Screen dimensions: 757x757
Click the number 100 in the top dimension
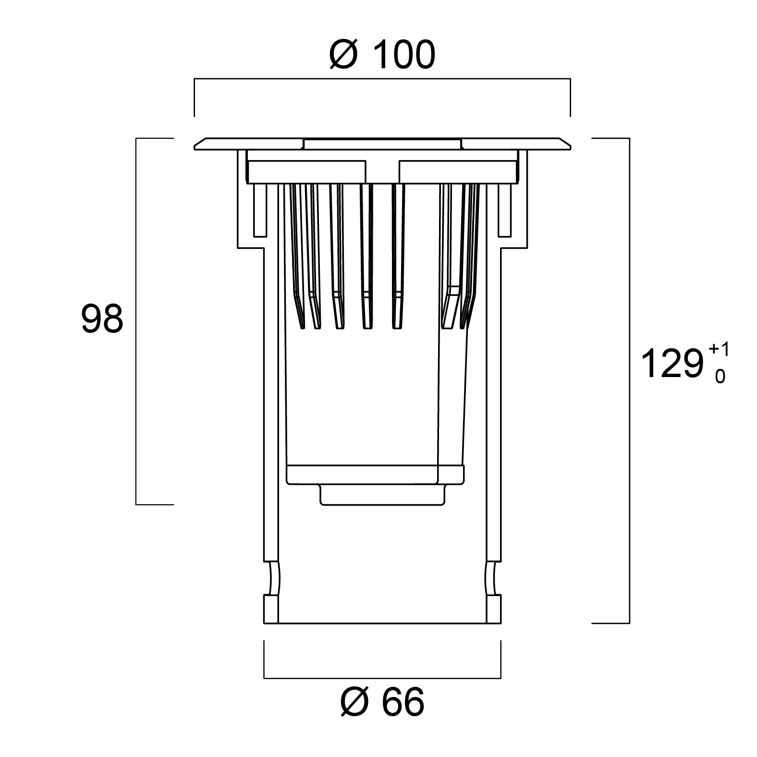(x=403, y=55)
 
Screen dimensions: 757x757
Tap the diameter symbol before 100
(x=344, y=55)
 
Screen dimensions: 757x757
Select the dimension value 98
(x=102, y=319)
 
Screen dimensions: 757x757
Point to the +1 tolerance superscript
(x=719, y=349)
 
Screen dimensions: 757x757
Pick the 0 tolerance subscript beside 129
(x=720, y=376)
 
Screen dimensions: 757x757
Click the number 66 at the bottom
(x=403, y=702)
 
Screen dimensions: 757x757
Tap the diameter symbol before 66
(x=354, y=702)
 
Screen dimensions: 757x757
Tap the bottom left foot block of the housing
(x=271, y=609)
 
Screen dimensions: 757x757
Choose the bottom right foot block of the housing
(x=494, y=609)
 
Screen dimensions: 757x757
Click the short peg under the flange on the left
(x=259, y=210)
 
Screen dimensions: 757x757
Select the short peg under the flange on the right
(x=505, y=210)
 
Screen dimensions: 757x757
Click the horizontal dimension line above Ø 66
(x=382, y=678)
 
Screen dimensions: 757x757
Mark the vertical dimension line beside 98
(x=136, y=321)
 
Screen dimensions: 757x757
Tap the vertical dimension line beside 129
(x=629, y=381)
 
